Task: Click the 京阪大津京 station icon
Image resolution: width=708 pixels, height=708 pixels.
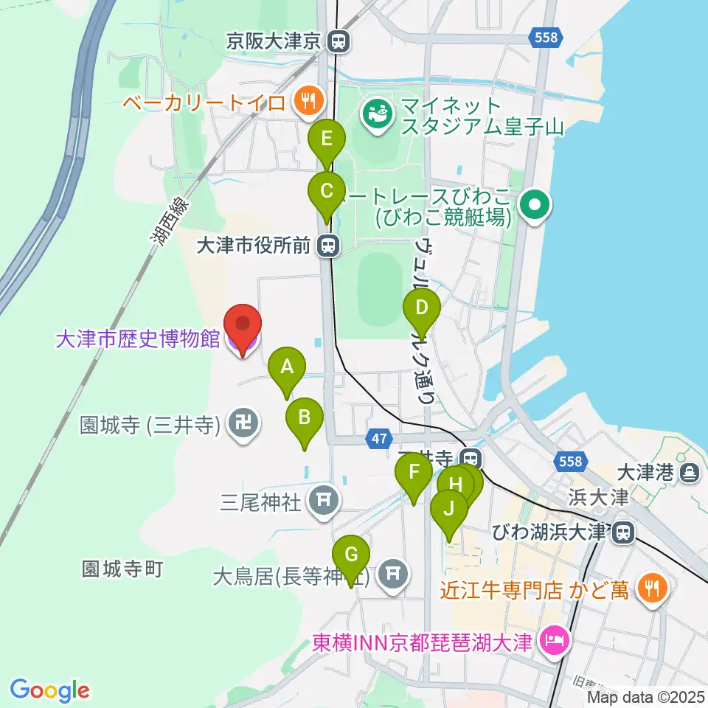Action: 340,42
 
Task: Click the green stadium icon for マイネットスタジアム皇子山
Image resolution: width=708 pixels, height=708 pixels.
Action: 377,114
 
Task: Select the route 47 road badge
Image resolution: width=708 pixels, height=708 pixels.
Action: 378,440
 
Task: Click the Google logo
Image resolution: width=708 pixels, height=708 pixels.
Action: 49,690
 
